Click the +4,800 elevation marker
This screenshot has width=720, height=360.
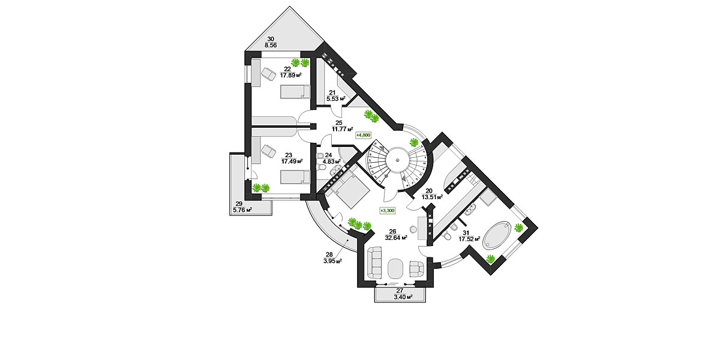pos(363,135)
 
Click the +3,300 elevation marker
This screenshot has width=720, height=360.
pos(388,211)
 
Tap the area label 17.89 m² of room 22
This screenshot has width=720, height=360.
pos(290,76)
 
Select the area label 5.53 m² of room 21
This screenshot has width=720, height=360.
pos(336,98)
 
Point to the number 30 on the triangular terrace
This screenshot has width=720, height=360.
pos(271,39)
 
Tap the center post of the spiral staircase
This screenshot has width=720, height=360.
pos(398,160)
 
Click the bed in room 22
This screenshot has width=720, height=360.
pos(295,92)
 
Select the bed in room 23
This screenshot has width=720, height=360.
pos(295,177)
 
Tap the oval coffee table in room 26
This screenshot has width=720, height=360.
pos(395,269)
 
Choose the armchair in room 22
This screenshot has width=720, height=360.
pos(268,74)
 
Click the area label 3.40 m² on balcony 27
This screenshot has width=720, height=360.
pos(403,298)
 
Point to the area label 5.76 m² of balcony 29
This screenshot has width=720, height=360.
pos(242,210)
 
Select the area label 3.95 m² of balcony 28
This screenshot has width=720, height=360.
pos(332,261)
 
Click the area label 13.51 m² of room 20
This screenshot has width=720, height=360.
pos(433,197)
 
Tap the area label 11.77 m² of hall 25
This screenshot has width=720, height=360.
pos(343,129)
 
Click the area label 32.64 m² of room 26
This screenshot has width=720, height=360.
pos(396,238)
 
